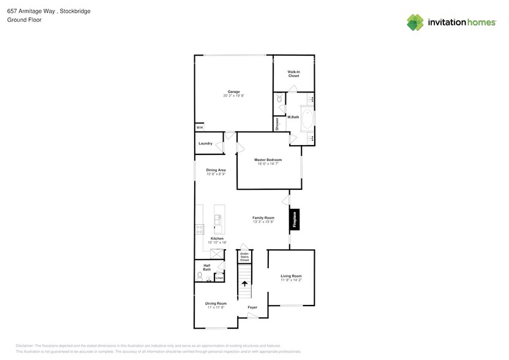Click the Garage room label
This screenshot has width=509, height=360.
coord(234,92)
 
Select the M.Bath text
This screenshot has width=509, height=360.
coord(293,117)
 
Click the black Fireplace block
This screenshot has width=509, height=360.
coord(295,220)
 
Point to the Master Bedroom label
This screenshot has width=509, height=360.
coord(268,160)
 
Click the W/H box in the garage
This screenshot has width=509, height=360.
coord(200,127)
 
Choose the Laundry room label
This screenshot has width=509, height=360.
coord(205,143)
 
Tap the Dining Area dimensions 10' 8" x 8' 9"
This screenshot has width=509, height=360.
coord(216,174)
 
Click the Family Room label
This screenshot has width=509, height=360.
coord(263,217)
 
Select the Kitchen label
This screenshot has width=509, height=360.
coord(217,238)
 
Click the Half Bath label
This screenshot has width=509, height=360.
coord(207,268)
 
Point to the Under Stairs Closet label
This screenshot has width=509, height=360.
coord(244,257)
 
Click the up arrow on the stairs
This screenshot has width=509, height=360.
coord(245,283)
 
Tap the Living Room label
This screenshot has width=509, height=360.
coord(292,276)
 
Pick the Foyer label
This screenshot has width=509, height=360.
coord(252,307)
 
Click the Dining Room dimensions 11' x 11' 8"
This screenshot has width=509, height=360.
coord(216,307)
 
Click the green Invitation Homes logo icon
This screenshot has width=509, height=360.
coord(415,23)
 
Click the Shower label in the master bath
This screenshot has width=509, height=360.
coord(277,124)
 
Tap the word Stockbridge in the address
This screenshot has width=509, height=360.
coord(75,11)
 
